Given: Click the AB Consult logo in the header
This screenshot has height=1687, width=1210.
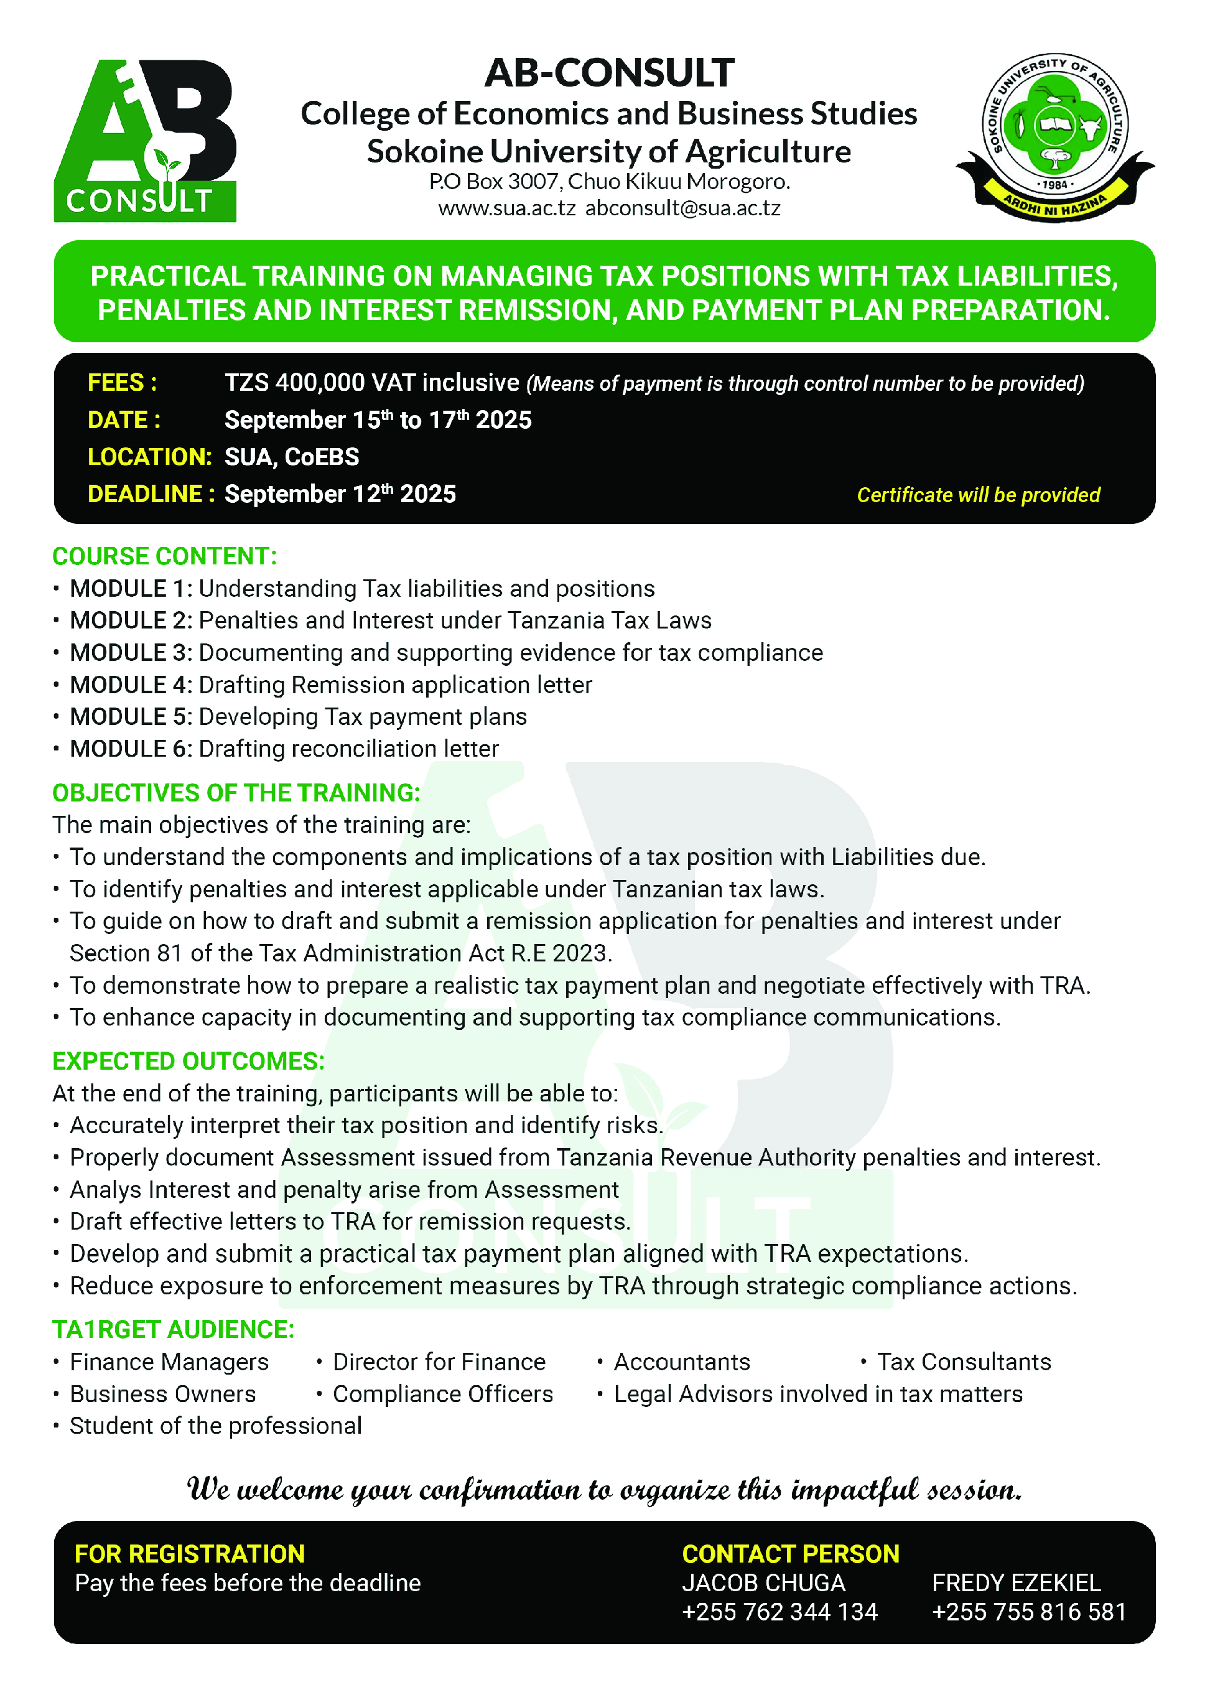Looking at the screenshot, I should tap(145, 141).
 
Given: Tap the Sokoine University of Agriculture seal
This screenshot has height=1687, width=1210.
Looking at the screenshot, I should tap(1054, 138).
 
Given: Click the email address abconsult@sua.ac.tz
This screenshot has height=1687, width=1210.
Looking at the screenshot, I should tap(682, 208).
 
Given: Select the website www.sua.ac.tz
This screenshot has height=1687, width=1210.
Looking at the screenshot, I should tap(506, 208).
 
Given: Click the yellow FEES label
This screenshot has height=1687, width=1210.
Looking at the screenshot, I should tap(122, 382).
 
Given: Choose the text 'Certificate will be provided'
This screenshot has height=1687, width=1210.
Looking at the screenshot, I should tap(978, 495).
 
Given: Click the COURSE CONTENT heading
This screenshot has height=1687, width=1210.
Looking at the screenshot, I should tap(164, 556).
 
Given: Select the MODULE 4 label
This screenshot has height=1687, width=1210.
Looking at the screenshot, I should tap(131, 685).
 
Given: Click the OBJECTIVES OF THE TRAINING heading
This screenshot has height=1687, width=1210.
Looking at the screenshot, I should tap(236, 793).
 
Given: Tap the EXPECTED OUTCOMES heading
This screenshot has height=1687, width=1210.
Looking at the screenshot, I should tap(188, 1062).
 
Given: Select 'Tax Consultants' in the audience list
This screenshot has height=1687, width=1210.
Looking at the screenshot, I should tap(963, 1362).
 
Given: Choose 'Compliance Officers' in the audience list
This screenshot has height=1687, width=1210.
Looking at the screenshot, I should tap(442, 1394).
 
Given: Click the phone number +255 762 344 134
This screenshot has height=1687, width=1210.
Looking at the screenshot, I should tap(780, 1612).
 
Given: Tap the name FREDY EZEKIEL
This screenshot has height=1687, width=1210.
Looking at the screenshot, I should tap(1016, 1583).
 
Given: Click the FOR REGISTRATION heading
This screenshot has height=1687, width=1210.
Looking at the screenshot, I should tap(190, 1554).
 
